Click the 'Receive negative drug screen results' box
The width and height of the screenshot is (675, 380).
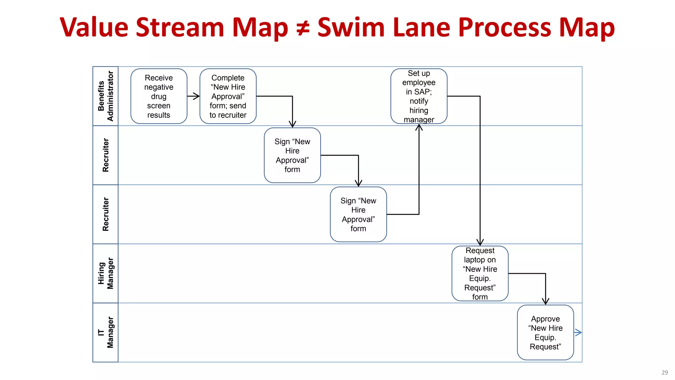click(159, 96)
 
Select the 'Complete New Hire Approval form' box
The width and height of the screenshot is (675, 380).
click(228, 96)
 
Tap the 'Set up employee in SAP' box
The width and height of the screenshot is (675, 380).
click(419, 96)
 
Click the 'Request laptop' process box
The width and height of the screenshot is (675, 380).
click(480, 273)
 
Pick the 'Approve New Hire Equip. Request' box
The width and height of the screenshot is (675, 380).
click(545, 332)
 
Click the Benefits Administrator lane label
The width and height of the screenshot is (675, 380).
click(105, 96)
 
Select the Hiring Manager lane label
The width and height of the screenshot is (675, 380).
click(105, 273)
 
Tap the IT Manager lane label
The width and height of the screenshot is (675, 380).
click(105, 332)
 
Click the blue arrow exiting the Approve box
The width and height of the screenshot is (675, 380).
click(578, 332)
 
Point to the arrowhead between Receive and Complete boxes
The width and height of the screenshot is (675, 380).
click(196, 96)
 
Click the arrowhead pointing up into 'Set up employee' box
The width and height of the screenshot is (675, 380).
click(419, 127)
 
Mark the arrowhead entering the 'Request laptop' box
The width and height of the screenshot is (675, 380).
click(480, 242)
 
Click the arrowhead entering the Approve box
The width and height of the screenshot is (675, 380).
click(545, 301)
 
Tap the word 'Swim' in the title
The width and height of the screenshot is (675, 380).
click(351, 27)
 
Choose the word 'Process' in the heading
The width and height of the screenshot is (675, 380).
click(505, 27)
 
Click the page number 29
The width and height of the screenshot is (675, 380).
click(664, 372)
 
